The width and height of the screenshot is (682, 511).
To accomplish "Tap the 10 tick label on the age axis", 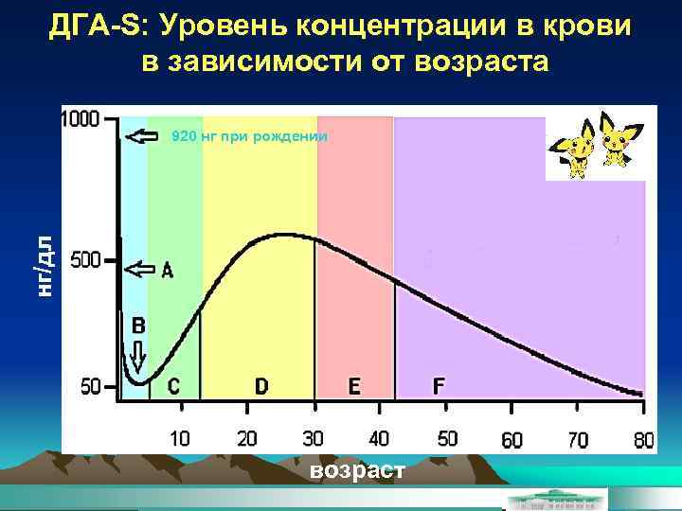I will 178,439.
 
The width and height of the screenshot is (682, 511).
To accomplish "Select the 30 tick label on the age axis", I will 313,439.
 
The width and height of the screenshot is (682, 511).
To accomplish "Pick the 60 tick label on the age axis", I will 511,440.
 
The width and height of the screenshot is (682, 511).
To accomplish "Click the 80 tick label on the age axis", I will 644,440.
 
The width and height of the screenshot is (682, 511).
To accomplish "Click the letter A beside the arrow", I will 168,270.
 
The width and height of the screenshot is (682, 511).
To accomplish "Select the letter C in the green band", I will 173,386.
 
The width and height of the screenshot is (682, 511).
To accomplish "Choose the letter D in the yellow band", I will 260,386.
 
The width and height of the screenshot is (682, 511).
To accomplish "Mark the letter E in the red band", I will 354,386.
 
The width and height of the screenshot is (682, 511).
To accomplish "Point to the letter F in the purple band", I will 439,386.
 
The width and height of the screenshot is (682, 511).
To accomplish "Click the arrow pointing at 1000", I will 141,137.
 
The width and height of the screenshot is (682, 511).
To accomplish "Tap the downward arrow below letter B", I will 138,358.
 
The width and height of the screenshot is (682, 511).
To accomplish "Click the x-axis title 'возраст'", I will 356,470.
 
